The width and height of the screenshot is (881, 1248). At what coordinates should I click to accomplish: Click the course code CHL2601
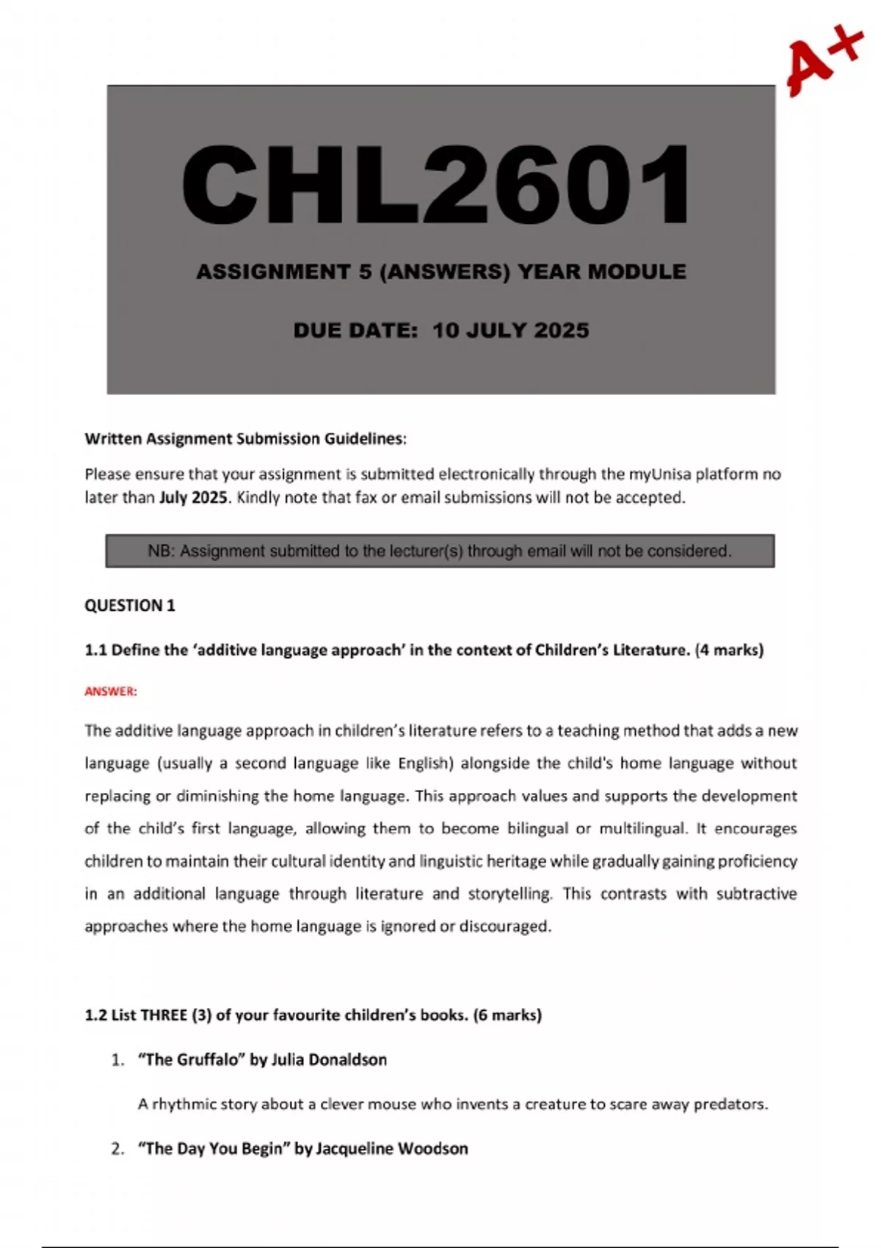[x=436, y=185]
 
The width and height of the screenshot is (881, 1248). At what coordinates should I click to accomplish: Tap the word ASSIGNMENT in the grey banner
[x=273, y=272]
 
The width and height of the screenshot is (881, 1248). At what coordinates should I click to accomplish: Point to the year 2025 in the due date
[x=562, y=330]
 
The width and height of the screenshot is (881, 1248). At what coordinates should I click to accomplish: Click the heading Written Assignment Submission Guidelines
[x=245, y=439]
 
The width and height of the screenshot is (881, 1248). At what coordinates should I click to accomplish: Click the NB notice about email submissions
[x=440, y=551]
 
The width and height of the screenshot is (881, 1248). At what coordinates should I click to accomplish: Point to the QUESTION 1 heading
[x=130, y=606]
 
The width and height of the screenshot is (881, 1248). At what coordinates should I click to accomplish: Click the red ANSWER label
[x=111, y=692]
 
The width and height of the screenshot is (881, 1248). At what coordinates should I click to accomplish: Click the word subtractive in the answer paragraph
[x=756, y=894]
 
